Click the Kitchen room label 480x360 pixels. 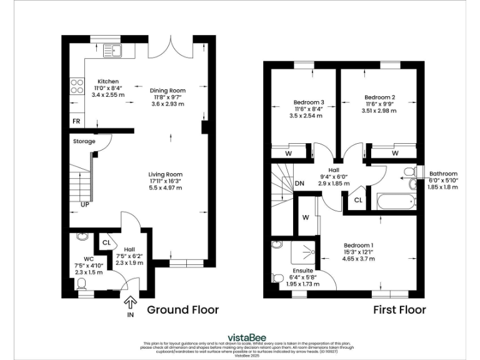pyautogui.click(x=107, y=82)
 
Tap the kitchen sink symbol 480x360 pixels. pyautogui.click(x=115, y=49)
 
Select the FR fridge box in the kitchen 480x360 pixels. pyautogui.click(x=76, y=121)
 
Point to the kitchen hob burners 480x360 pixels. pyautogui.click(x=77, y=86)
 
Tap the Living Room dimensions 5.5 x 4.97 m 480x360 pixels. pyautogui.click(x=165, y=187)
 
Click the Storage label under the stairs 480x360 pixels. pyautogui.click(x=84, y=141)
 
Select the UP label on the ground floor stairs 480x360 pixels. pyautogui.click(x=84, y=204)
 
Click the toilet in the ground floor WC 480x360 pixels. pyautogui.click(x=81, y=285)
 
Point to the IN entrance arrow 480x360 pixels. pyautogui.click(x=131, y=304)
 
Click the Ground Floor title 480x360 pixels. pyautogui.click(x=182, y=309)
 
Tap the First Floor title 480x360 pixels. pyautogui.click(x=399, y=309)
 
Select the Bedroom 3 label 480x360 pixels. pyautogui.click(x=309, y=102)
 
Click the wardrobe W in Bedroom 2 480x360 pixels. pyautogui.click(x=395, y=152)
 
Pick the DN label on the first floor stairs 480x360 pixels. pyautogui.click(x=299, y=184)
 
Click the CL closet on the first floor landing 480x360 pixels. pyautogui.click(x=357, y=200)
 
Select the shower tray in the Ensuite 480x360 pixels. pyautogui.click(x=306, y=252)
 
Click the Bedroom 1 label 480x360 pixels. pyautogui.click(x=359, y=245)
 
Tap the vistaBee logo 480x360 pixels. pyautogui.click(x=240, y=336)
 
